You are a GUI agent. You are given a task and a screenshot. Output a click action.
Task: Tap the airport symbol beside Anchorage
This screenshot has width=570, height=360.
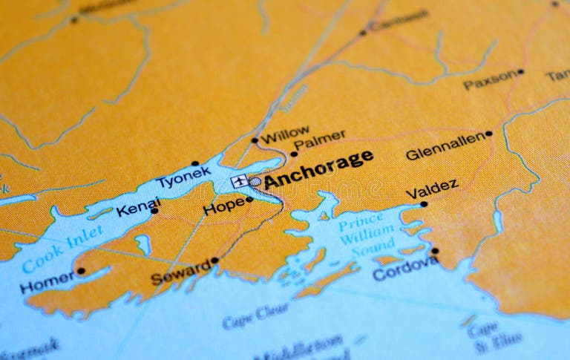pos(239,180)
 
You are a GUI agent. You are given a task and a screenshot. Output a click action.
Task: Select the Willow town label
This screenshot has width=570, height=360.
pos(286,134)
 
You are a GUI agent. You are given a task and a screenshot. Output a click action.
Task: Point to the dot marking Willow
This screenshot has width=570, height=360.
pos(255,140)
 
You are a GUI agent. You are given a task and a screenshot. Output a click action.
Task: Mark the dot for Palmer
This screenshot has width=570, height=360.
pos(294,154)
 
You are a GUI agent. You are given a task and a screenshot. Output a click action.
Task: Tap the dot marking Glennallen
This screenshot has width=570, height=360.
pos(488,134)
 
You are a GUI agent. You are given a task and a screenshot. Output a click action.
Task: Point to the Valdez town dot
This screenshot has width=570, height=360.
pos(424,203)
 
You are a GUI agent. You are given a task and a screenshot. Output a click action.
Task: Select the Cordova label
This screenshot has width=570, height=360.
pos(404,269)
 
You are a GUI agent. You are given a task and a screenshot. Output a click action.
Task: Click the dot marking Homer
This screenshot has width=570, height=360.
pos(81,271)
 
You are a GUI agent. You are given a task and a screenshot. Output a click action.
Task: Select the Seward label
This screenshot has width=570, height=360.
pos(180,273)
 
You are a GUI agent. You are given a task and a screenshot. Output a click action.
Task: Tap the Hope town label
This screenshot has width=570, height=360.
pos(223,206)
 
